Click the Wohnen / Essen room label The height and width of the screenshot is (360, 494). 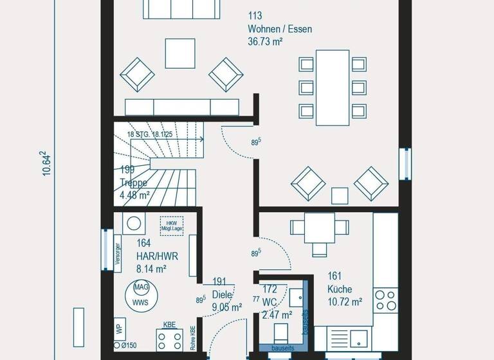click(280, 29)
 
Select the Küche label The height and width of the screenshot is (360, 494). click(340, 289)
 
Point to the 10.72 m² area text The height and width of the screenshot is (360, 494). click(345, 301)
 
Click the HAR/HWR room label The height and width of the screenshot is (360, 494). click(157, 256)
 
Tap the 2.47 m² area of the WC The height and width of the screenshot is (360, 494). click(277, 315)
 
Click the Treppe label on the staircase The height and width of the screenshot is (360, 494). click(134, 183)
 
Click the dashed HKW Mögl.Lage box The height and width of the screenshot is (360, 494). click(172, 226)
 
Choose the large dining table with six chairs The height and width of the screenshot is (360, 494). click(332, 87)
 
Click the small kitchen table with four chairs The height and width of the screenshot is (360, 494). click(318, 228)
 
